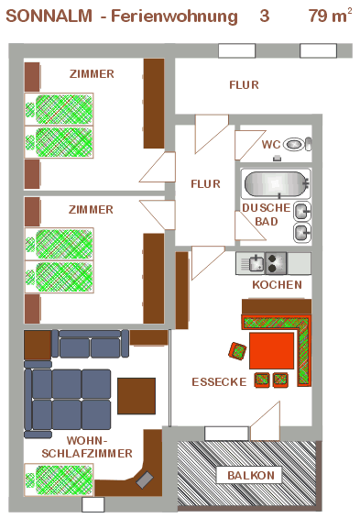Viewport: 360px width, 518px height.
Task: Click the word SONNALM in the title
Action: [49, 16]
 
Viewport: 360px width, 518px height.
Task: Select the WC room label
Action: [271, 144]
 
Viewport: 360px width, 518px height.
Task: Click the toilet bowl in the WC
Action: [294, 144]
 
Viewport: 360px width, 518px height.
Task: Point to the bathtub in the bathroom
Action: [277, 183]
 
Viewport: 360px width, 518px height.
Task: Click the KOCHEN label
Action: [278, 285]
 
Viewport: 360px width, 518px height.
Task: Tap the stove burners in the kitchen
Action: [276, 263]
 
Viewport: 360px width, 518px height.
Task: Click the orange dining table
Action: [271, 351]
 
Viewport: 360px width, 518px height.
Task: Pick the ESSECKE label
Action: [219, 382]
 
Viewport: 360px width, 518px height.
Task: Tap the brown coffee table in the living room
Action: [136, 396]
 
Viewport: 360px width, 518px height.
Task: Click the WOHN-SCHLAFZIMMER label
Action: [87, 447]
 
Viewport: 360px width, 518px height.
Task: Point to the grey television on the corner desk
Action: [145, 479]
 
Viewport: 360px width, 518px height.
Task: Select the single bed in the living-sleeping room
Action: [59, 480]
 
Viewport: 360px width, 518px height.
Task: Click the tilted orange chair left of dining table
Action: [237, 351]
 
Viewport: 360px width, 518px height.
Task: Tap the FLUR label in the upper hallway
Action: [245, 85]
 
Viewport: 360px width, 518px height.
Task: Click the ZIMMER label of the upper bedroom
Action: [92, 73]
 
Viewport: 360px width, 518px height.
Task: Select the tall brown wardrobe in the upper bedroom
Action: [154, 104]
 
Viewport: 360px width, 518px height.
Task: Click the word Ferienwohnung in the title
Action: [174, 17]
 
